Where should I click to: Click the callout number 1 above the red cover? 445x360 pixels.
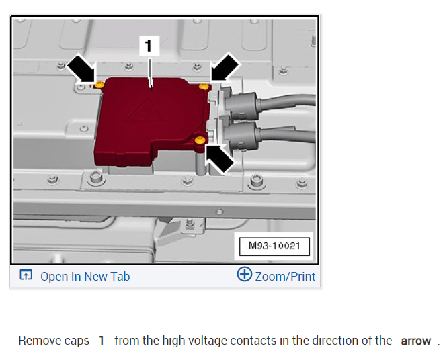tap(149, 46)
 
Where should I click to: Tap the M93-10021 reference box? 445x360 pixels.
tap(275, 246)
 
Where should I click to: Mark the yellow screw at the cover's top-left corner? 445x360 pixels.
tap(99, 85)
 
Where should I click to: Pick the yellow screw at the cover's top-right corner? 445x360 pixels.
tap(205, 87)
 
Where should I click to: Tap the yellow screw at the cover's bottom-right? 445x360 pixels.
tap(199, 140)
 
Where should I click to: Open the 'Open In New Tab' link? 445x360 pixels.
tap(85, 276)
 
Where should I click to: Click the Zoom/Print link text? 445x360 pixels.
tap(285, 276)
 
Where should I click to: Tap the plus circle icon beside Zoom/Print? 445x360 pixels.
tap(245, 275)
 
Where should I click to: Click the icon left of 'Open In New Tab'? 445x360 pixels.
tap(26, 275)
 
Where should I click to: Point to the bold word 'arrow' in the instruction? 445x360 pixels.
tap(415, 341)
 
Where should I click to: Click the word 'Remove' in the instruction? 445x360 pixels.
tap(38, 341)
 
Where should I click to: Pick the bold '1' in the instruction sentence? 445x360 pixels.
tap(102, 341)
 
